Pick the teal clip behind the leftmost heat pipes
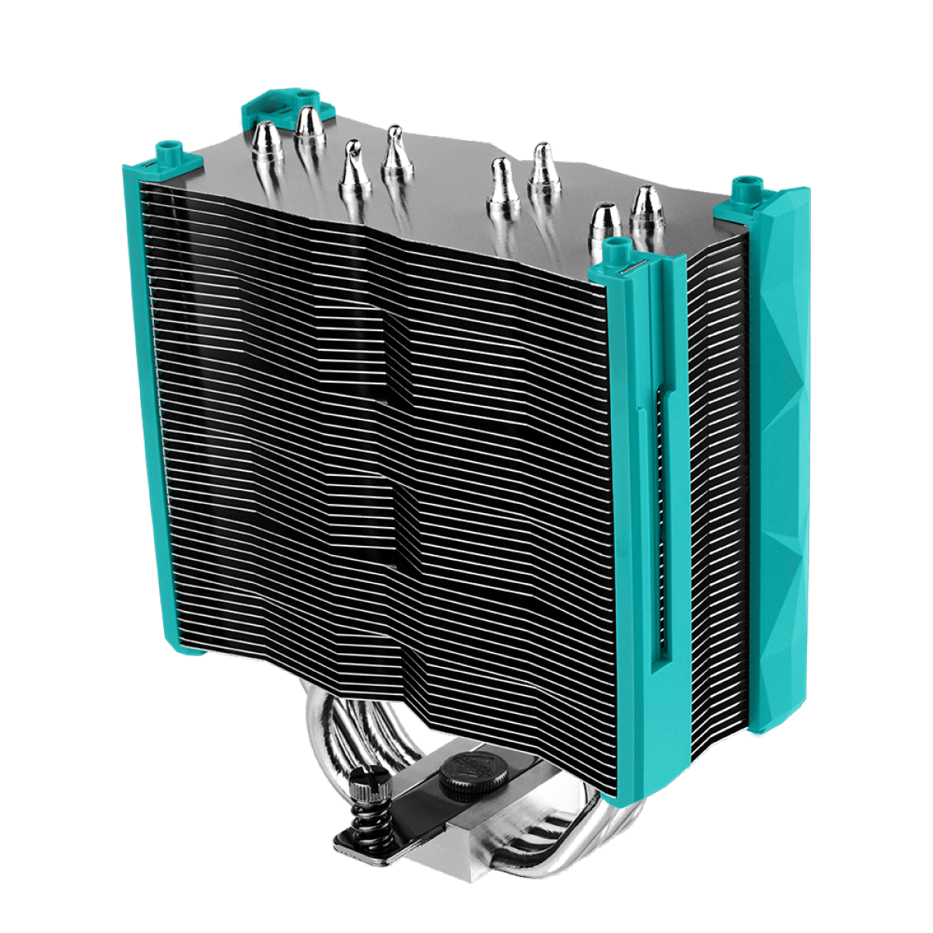[x=269, y=109]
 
